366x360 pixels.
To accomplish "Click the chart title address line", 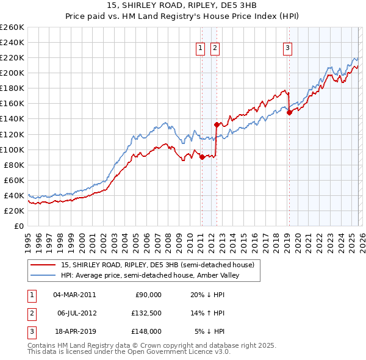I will (183, 5).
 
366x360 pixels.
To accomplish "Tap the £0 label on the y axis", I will (18, 226).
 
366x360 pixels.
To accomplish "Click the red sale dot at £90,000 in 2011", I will (202, 157).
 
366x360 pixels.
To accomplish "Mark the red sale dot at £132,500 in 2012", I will (217, 124).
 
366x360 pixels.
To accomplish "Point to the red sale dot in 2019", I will (289, 112).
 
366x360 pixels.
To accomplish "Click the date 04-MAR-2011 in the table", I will (74, 295).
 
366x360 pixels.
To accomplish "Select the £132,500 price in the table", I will (146, 313).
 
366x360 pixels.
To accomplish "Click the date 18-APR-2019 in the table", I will (74, 331).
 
